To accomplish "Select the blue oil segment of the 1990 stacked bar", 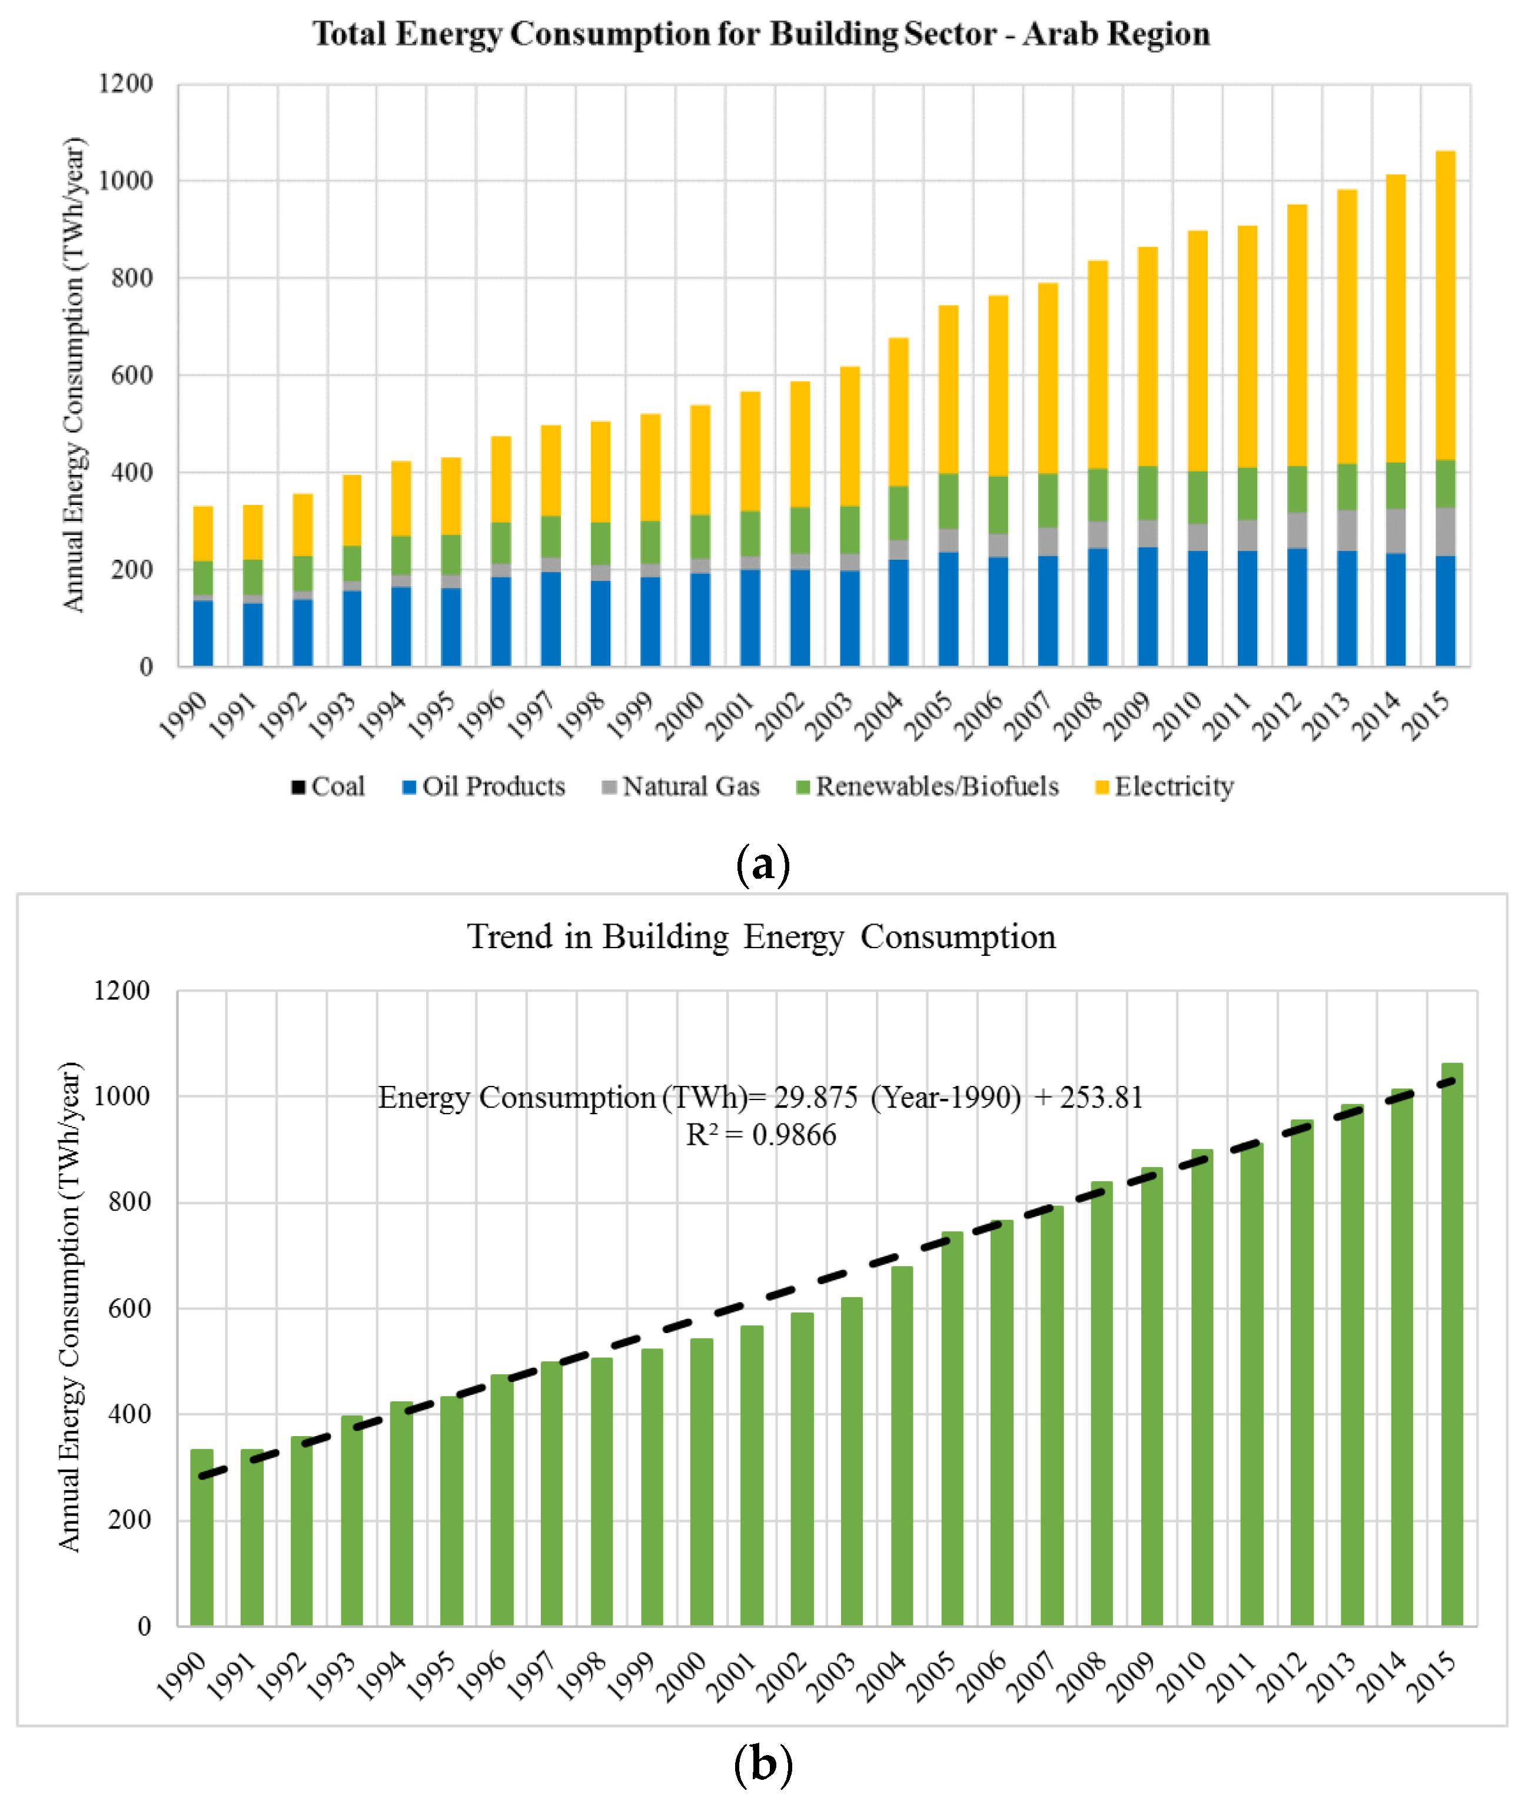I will click(x=203, y=632).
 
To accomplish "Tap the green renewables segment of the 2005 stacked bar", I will click(x=948, y=501).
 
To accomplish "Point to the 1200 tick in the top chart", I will click(x=125, y=84).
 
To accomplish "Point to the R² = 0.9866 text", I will click(x=761, y=1134).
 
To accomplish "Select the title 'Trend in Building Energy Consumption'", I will click(x=762, y=936).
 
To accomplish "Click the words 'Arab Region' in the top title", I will click(x=1116, y=34).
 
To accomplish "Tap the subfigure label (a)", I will click(x=763, y=864).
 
